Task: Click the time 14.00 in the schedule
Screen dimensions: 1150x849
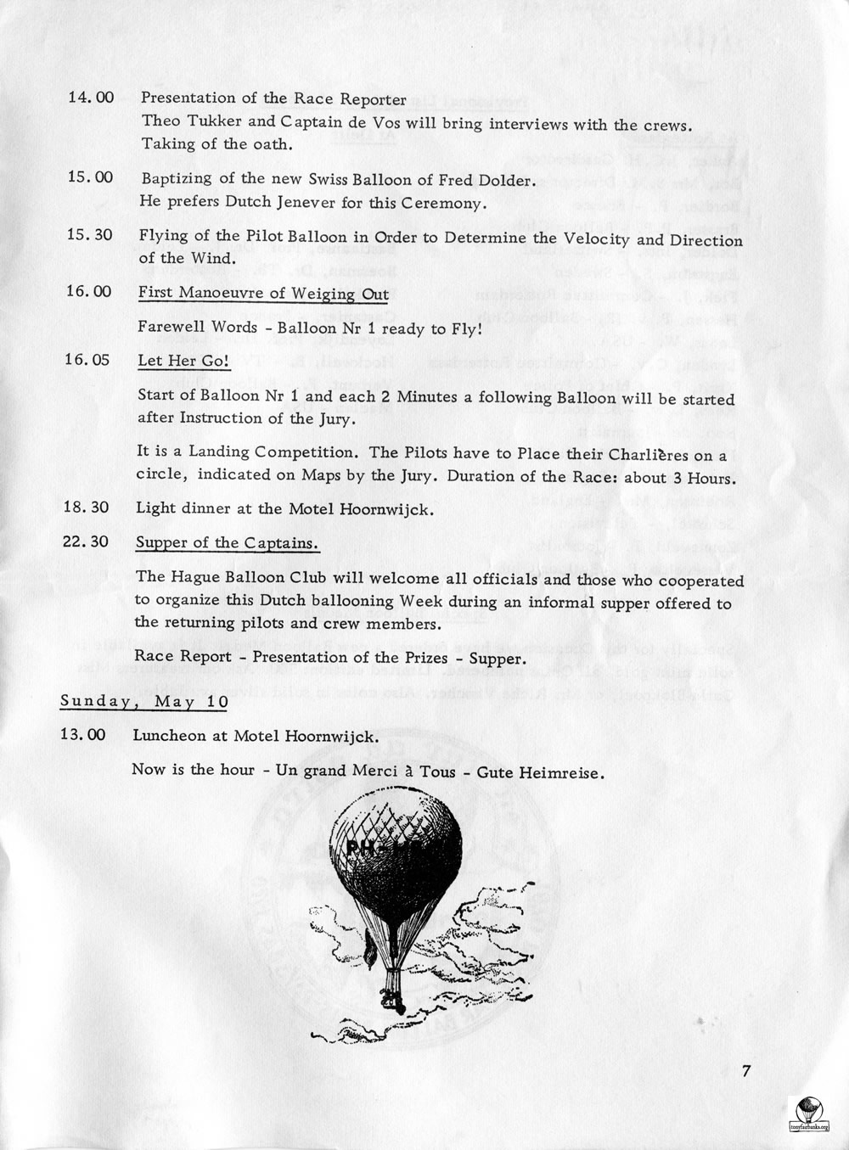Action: coord(90,98)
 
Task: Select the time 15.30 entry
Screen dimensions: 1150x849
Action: coord(89,234)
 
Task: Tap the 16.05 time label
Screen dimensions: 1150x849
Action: coord(87,360)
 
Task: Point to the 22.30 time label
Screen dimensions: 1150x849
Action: coord(86,541)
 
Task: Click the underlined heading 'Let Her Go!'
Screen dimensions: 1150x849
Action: coord(183,361)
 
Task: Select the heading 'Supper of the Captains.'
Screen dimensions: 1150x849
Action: coord(228,543)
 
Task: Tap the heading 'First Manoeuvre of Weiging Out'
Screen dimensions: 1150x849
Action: coord(263,294)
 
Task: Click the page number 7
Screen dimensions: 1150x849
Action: coord(746,1071)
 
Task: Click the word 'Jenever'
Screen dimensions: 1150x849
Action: coord(309,204)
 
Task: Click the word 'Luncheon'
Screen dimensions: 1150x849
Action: coord(169,736)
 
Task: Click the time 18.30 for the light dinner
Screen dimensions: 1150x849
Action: coord(87,508)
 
